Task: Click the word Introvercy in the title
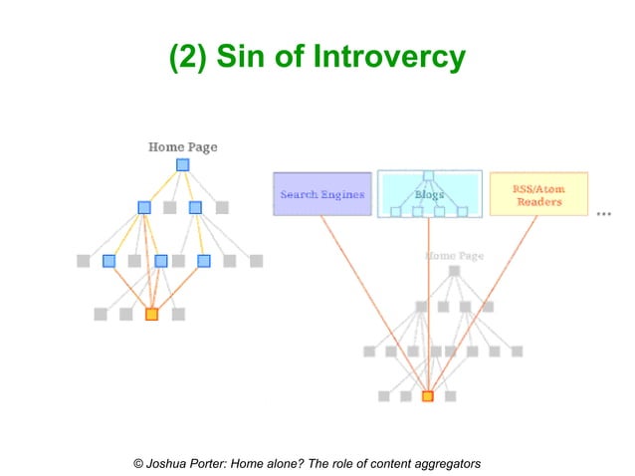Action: pyautogui.click(x=388, y=57)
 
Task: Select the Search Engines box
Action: pyautogui.click(x=321, y=194)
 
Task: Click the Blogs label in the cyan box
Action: pyautogui.click(x=429, y=195)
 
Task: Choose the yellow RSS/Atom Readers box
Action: pyautogui.click(x=537, y=194)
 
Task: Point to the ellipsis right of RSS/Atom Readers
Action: pyautogui.click(x=603, y=213)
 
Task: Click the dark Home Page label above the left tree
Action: pyautogui.click(x=182, y=147)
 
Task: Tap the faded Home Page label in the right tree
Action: pyautogui.click(x=454, y=255)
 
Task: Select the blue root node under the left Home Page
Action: pyautogui.click(x=182, y=165)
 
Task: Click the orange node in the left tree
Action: pyautogui.click(x=151, y=314)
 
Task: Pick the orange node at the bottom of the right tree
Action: pyautogui.click(x=427, y=395)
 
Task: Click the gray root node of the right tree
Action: pyautogui.click(x=454, y=271)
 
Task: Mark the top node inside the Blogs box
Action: pyautogui.click(x=428, y=176)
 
